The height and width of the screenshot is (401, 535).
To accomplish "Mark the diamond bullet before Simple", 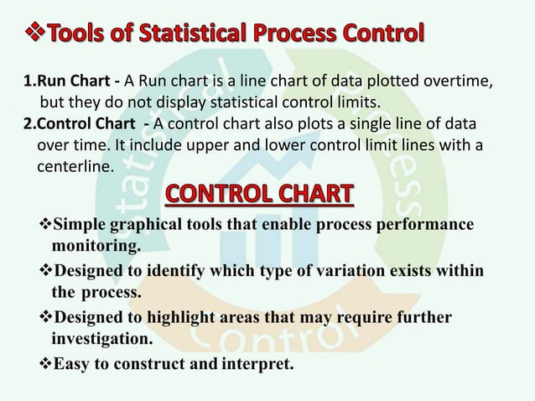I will (46, 226).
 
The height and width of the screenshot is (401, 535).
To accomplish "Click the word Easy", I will (73, 366).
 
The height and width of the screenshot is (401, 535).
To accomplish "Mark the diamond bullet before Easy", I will (46, 366).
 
